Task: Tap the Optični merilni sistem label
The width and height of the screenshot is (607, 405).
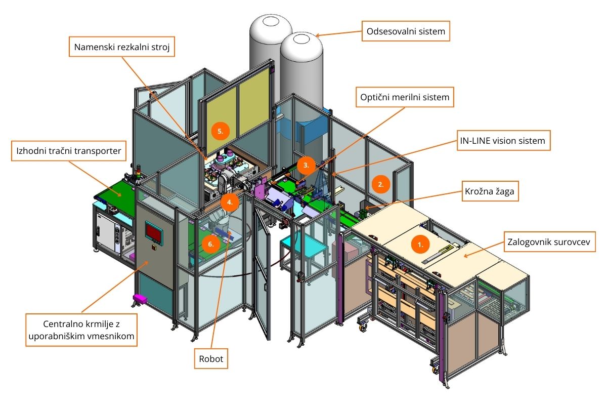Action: [x=404, y=97]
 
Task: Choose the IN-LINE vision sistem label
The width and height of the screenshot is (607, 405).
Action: [x=503, y=141]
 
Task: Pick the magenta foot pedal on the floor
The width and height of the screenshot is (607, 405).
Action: [x=139, y=299]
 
